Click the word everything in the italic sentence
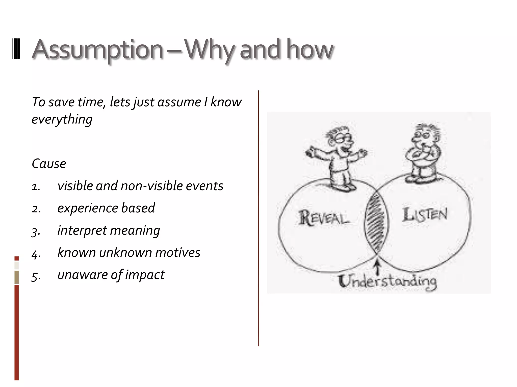click(x=62, y=119)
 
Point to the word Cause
click(x=49, y=164)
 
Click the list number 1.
click(x=36, y=187)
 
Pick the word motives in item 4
click(x=177, y=252)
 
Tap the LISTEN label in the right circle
click(x=425, y=215)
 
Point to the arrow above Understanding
click(x=377, y=267)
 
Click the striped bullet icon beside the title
click(x=16, y=50)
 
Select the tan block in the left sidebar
click(x=16, y=277)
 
